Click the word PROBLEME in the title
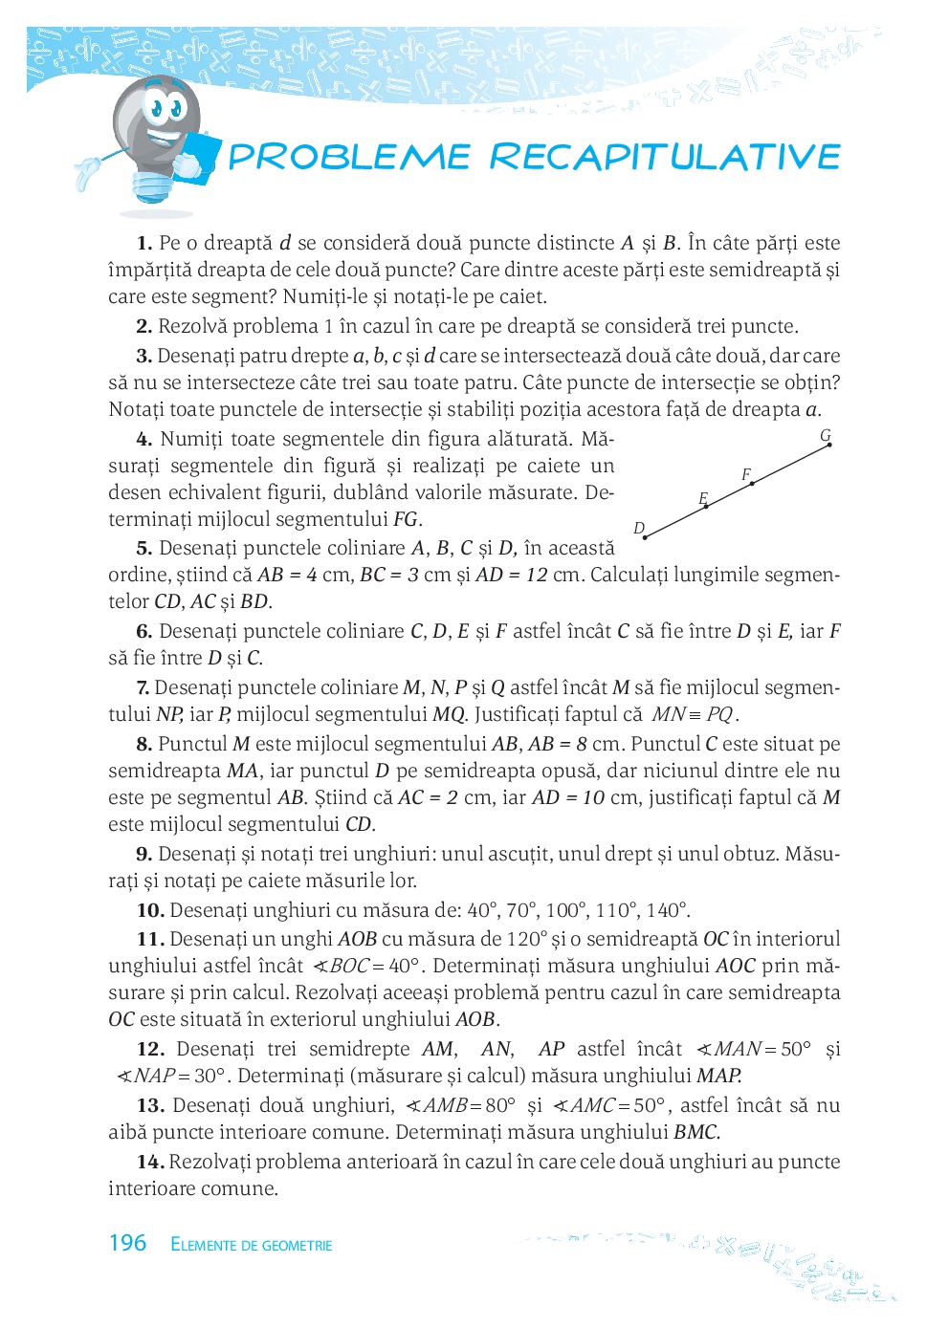pyautogui.click(x=349, y=157)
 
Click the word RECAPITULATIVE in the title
pyautogui.click(x=666, y=157)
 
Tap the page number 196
pyautogui.click(x=127, y=1243)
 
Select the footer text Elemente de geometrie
pyautogui.click(x=252, y=1245)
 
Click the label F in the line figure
pyautogui.click(x=746, y=474)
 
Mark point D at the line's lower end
pyautogui.click(x=645, y=537)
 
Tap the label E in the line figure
pyautogui.click(x=703, y=498)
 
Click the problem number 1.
pyautogui.click(x=144, y=244)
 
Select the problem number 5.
pyautogui.click(x=144, y=549)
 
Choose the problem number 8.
pyautogui.click(x=144, y=745)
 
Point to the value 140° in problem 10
pyautogui.click(x=667, y=910)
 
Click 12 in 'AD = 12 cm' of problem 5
pyautogui.click(x=536, y=576)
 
